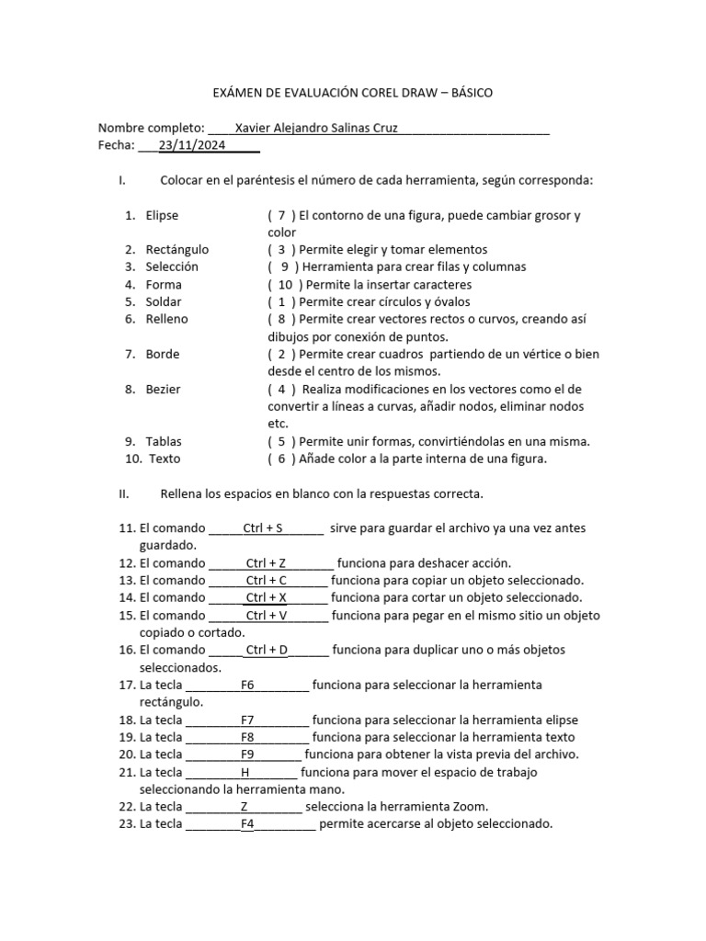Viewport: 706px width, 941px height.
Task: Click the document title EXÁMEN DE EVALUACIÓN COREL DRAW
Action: click(352, 93)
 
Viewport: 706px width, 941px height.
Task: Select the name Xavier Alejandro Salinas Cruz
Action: click(316, 128)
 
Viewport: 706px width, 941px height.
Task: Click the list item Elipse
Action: click(162, 215)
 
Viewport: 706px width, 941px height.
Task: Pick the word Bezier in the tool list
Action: click(163, 389)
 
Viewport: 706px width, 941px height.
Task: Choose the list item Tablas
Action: click(164, 441)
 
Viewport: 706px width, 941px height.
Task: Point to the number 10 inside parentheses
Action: click(285, 285)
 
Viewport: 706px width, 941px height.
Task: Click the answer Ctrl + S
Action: click(263, 528)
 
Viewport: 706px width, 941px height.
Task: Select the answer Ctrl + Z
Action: click(267, 563)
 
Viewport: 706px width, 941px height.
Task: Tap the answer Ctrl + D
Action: click(267, 650)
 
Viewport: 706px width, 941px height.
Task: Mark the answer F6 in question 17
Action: click(247, 685)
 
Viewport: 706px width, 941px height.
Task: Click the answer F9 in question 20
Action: click(247, 754)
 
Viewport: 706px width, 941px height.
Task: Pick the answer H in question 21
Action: click(245, 772)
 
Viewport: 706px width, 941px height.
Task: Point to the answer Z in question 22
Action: click(245, 807)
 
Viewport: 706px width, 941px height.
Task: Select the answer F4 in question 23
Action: click(247, 824)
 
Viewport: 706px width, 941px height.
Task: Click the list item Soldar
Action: click(164, 301)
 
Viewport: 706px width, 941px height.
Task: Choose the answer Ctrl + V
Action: click(267, 616)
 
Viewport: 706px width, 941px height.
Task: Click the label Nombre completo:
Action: click(151, 128)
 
